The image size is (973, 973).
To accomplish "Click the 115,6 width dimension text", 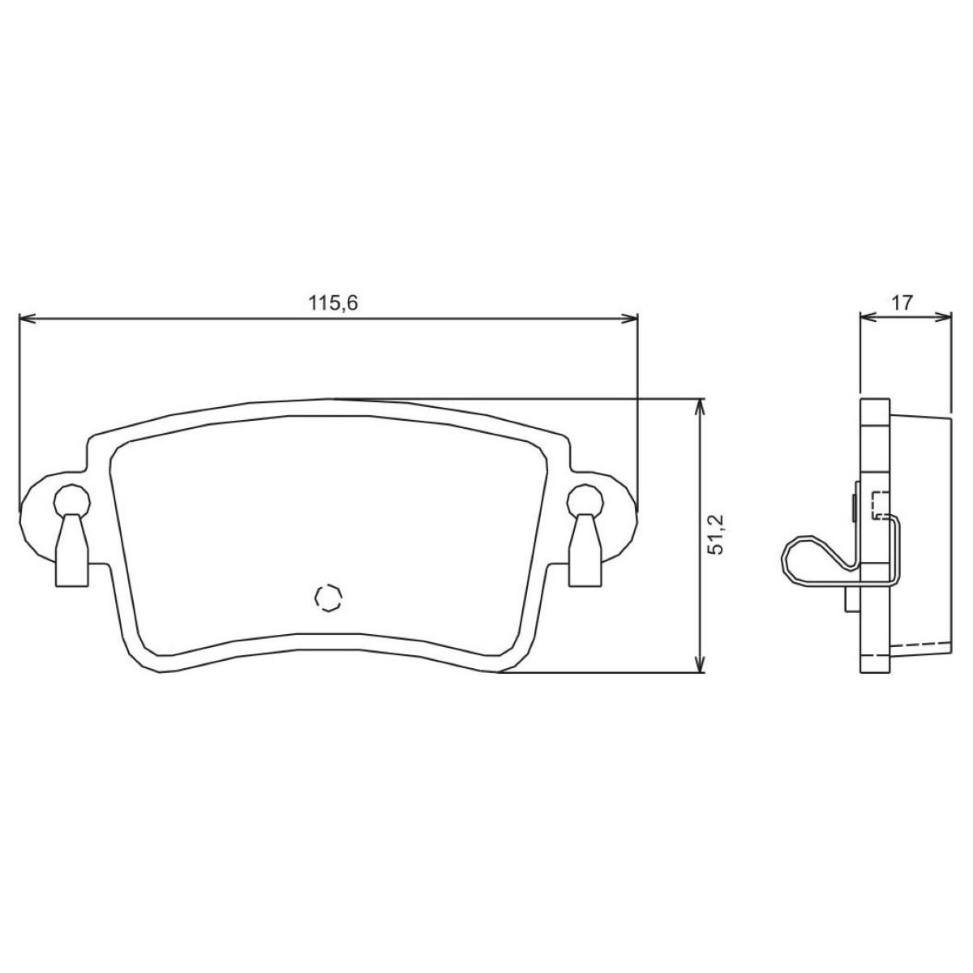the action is [x=332, y=303].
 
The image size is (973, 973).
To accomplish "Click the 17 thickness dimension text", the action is [x=902, y=303].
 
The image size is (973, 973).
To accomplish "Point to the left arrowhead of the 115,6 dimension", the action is [x=26, y=318].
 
